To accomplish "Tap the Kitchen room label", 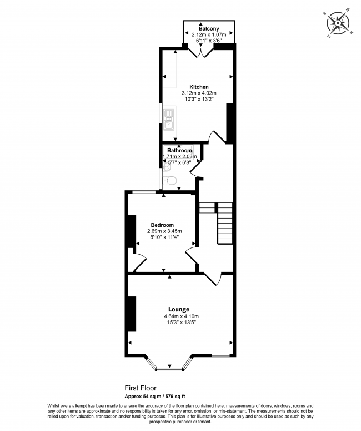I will click(199, 87).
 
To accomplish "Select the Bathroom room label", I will click(180, 150).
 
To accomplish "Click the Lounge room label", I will click(179, 309).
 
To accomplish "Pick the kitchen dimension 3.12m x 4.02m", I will click(199, 93).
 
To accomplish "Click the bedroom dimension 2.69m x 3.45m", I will click(164, 231).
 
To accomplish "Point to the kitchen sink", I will click(169, 120).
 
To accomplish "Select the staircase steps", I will click(224, 222).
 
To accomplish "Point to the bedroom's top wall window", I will click(143, 192).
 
